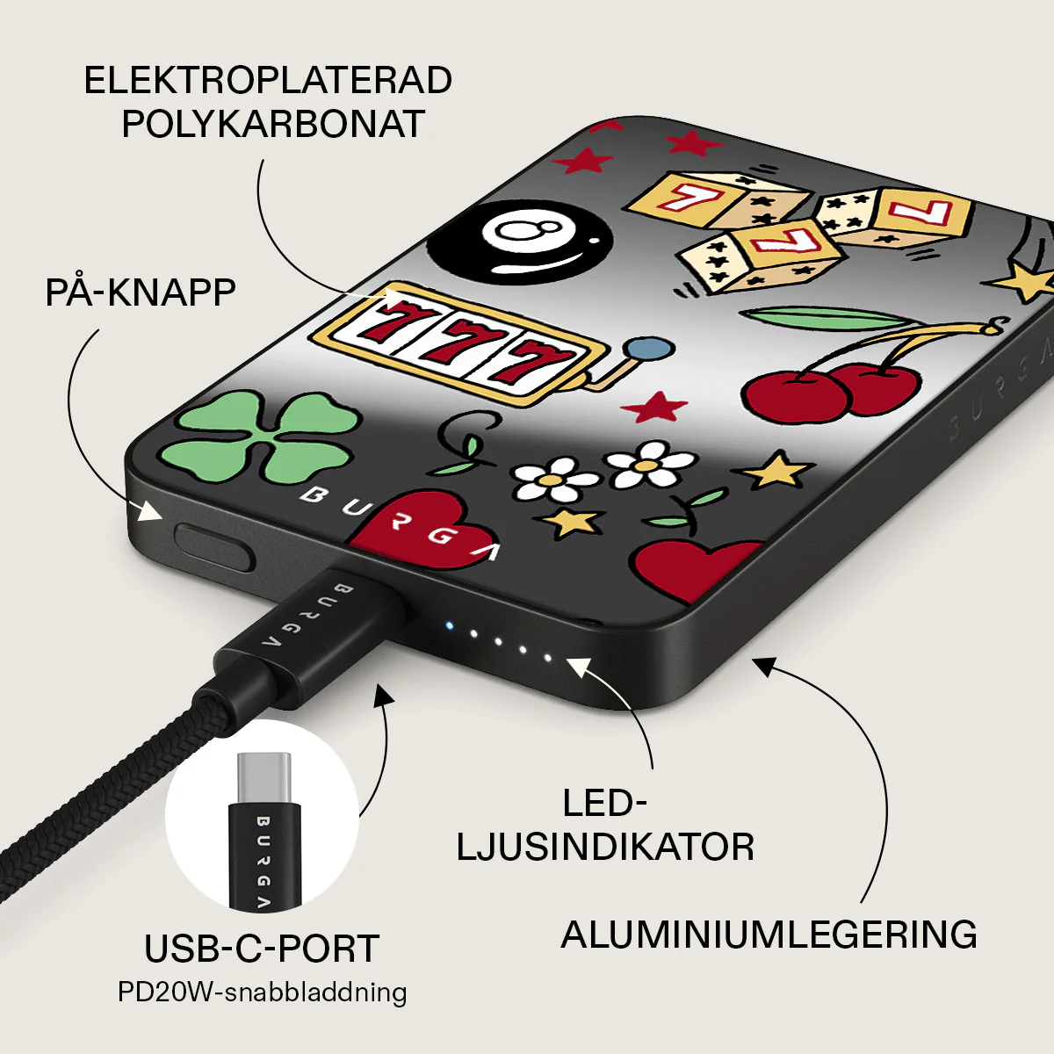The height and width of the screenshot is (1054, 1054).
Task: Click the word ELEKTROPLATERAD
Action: [268, 81]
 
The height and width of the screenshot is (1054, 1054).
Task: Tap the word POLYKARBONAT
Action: [273, 124]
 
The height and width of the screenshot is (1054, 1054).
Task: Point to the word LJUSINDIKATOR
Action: [605, 847]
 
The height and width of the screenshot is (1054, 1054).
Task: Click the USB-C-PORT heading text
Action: [262, 949]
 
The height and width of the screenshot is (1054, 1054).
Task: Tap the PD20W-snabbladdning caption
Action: [263, 993]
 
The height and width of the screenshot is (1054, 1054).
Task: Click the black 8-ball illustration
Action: [520, 245]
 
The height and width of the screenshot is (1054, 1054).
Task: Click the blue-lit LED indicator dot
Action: [450, 625]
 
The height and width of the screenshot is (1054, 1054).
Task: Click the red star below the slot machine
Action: [654, 407]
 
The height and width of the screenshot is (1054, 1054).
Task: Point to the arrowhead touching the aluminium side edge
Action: [763, 666]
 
